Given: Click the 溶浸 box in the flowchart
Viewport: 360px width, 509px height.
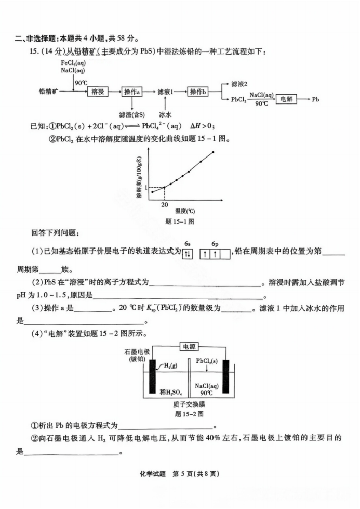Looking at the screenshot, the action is click(x=98, y=92).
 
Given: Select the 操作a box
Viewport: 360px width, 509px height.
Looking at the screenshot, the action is click(x=132, y=92).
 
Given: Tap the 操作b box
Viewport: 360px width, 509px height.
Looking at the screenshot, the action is click(x=197, y=92).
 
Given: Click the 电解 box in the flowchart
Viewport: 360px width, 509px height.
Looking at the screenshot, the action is click(x=286, y=99).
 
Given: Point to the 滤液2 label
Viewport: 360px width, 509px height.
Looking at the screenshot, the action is click(x=239, y=84).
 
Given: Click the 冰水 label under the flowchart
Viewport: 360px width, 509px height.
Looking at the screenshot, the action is click(x=165, y=114).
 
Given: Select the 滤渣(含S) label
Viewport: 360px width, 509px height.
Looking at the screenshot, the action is click(x=131, y=114).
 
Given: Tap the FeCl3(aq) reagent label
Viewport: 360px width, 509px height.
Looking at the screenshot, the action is click(x=73, y=63).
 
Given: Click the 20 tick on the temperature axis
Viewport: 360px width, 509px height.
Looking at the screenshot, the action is click(x=165, y=204).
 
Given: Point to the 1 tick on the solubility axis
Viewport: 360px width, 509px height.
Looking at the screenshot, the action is click(x=146, y=187).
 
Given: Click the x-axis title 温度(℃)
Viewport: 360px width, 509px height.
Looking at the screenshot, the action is click(x=185, y=211).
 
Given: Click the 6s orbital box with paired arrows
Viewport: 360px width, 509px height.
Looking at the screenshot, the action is click(x=187, y=254).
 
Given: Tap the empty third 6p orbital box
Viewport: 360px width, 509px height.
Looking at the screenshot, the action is click(x=225, y=254).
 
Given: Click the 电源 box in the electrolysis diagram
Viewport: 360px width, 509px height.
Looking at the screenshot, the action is click(x=189, y=347).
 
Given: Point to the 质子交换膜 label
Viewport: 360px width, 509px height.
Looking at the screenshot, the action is click(x=189, y=404).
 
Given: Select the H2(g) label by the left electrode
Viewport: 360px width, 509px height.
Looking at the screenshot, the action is click(x=170, y=366).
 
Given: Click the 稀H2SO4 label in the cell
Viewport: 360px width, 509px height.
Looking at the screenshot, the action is click(x=171, y=392).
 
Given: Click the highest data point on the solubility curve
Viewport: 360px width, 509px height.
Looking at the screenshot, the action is click(x=213, y=152).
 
